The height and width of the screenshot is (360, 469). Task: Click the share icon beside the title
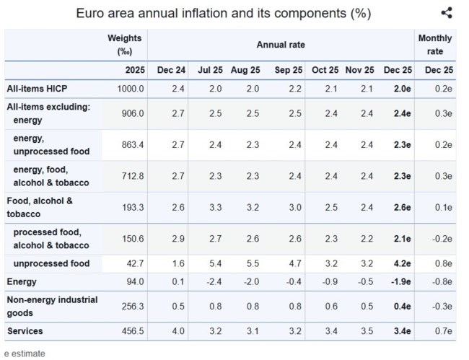pyautogui.click(x=447, y=13)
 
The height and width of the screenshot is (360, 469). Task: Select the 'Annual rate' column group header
pyautogui.click(x=281, y=45)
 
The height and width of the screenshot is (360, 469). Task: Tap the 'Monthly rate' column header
pyautogui.click(x=436, y=45)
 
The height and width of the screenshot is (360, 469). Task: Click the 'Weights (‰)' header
pyautogui.click(x=124, y=45)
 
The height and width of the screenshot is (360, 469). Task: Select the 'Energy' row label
pyautogui.click(x=22, y=281)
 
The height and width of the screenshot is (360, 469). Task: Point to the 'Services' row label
pyautogui.click(x=26, y=330)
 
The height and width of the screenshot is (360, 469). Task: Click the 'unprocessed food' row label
pyautogui.click(x=51, y=263)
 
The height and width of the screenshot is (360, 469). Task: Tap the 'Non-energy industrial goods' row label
pyautogui.click(x=51, y=306)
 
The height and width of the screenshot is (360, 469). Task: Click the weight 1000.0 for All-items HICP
pyautogui.click(x=131, y=89)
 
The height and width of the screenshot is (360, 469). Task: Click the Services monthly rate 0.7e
pyautogui.click(x=441, y=330)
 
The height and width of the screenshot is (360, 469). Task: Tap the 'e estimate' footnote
pyautogui.click(x=25, y=354)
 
